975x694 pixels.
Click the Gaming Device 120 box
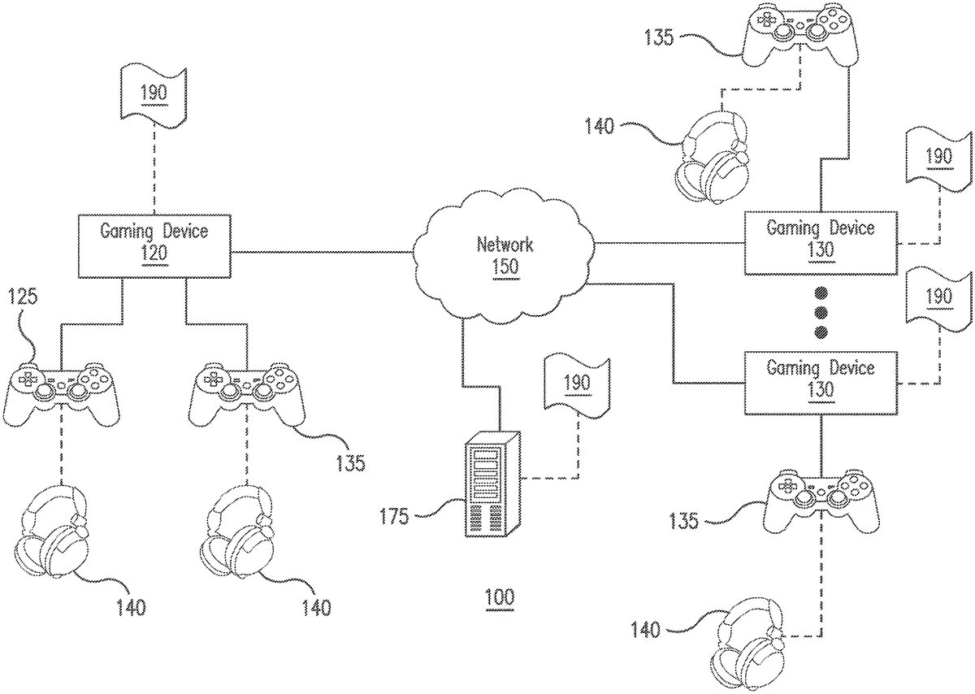click(154, 241)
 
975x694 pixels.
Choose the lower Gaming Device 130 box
click(821, 379)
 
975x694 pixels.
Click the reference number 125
click(23, 297)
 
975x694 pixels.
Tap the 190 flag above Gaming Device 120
click(154, 93)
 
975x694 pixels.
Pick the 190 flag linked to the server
click(577, 384)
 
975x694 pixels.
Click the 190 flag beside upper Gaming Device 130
click(938, 157)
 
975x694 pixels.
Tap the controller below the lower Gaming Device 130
click(821, 497)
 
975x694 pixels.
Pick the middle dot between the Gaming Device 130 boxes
click(820, 312)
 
